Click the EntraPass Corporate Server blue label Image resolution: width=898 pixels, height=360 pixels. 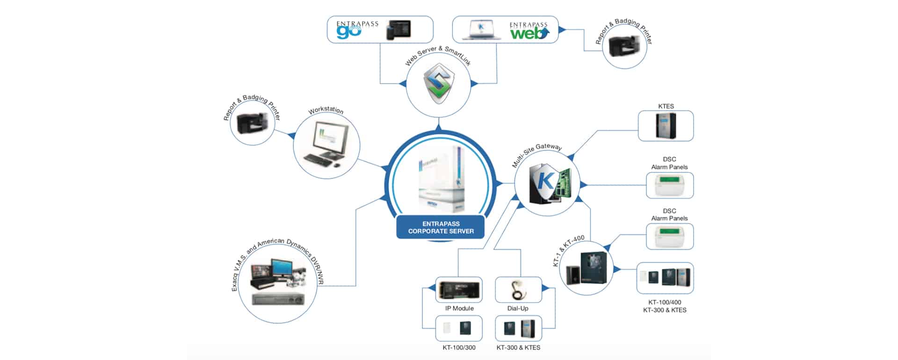tap(441, 227)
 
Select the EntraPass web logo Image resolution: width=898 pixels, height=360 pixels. tap(529, 30)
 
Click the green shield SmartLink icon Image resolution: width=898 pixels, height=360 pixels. tap(439, 83)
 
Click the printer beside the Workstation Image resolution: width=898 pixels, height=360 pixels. tap(253, 122)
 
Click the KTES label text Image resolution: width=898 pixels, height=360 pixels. tap(666, 106)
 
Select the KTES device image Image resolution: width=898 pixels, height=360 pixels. tap(666, 126)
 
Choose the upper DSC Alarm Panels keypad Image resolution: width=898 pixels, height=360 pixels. tap(669, 185)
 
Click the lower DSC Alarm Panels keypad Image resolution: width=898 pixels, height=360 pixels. tap(669, 237)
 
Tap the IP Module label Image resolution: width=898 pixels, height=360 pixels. tap(459, 309)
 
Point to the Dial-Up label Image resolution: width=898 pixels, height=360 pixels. tap(518, 309)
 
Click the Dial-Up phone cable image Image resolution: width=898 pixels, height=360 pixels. tap(518, 290)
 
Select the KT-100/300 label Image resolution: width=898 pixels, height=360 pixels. tap(459, 348)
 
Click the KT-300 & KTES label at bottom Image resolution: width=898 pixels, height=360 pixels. tap(518, 348)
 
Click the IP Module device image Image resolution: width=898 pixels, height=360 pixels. tap(459, 290)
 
